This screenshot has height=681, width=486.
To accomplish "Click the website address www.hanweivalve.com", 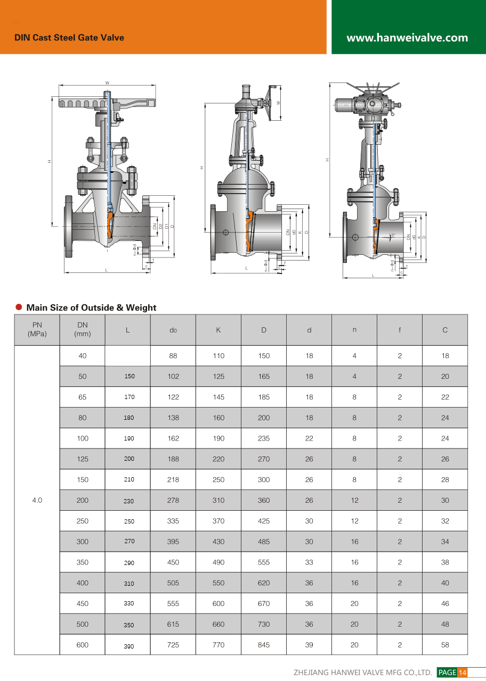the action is pos(407,38).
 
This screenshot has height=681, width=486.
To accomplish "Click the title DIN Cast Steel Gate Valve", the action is pos(69,38).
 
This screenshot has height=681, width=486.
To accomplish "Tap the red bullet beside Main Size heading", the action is pos(19,307).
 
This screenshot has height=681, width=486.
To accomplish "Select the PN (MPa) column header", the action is pos(37,329).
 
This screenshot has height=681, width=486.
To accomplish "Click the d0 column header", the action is pos(173,330).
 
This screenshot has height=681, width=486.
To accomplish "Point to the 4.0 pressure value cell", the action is pos(37,500).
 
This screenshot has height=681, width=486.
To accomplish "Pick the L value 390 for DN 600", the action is pos(129,646).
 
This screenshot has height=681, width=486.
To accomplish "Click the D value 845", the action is pos(264,645).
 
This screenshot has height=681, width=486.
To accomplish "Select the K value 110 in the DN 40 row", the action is pos(218,356).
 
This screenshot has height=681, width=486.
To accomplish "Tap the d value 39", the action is pos(309,645).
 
